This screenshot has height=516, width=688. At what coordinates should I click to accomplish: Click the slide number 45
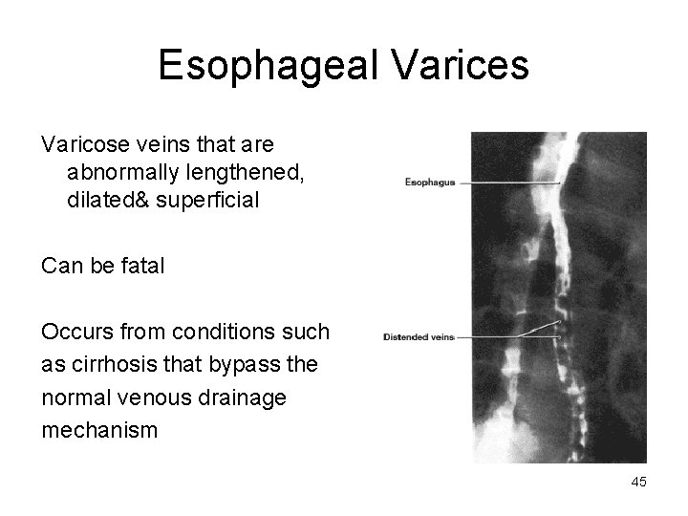pyautogui.click(x=638, y=483)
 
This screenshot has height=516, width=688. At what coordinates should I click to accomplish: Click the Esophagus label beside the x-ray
pyautogui.click(x=430, y=183)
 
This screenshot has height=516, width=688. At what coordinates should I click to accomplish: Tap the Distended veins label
pyautogui.click(x=419, y=337)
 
